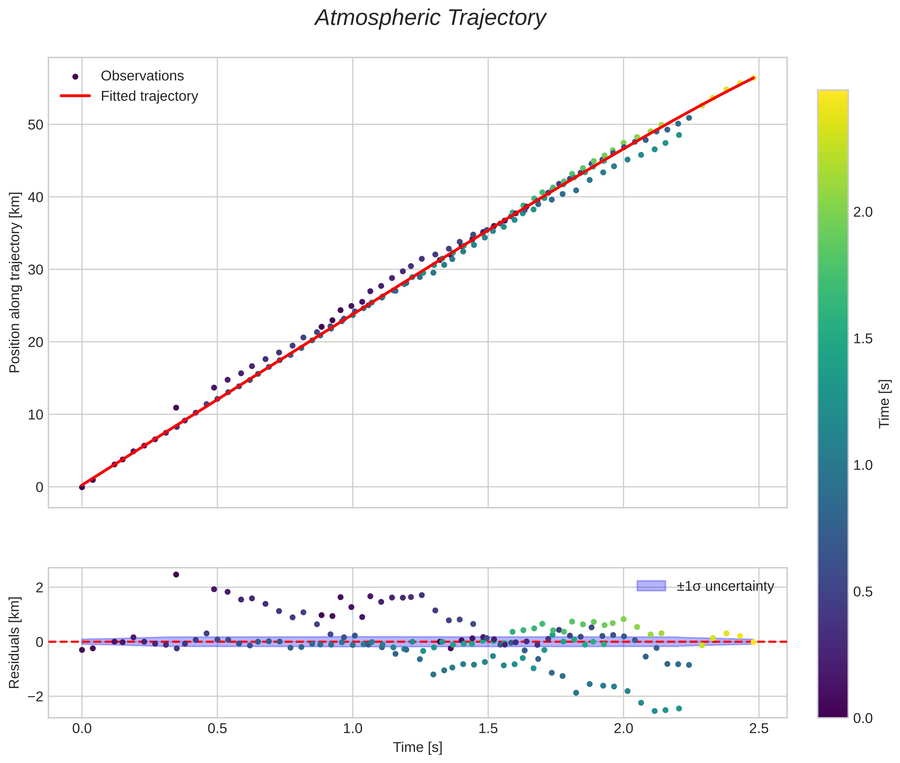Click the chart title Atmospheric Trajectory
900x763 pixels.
[430, 18]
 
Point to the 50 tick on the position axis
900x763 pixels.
[36, 125]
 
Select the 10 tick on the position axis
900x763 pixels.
[36, 415]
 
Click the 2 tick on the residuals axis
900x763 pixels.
[39, 588]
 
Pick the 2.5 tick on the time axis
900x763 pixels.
[759, 729]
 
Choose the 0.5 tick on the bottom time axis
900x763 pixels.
[217, 729]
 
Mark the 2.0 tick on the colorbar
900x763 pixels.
[863, 212]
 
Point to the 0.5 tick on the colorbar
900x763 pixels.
[863, 592]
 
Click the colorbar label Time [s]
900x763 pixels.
[884, 404]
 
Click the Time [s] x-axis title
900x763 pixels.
[417, 747]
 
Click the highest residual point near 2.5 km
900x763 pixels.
[176, 575]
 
